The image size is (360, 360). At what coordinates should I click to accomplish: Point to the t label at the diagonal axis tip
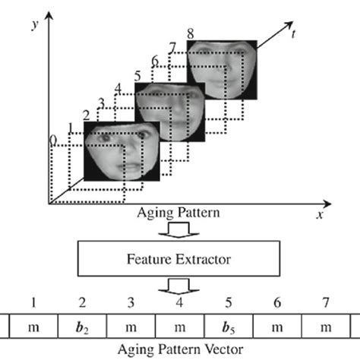click(292, 33)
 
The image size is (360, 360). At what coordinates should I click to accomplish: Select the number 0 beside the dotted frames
click(52, 141)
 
